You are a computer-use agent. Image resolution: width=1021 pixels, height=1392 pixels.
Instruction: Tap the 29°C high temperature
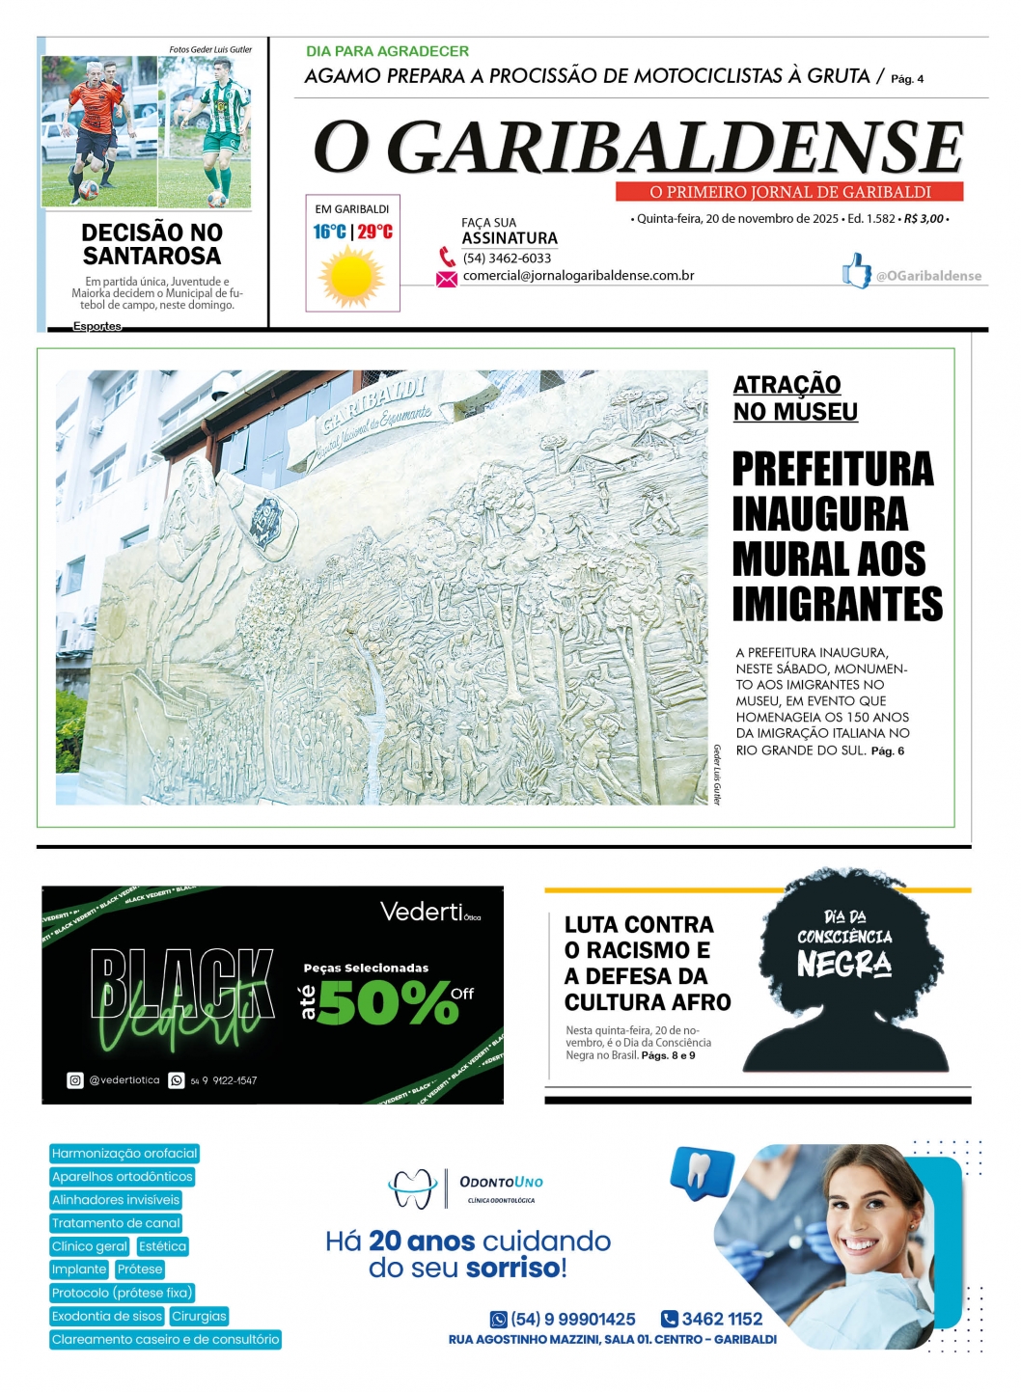coord(375,232)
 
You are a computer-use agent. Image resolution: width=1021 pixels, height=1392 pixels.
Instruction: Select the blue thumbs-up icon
coord(855,271)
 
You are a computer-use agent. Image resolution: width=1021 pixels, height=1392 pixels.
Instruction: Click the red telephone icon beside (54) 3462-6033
coord(447,257)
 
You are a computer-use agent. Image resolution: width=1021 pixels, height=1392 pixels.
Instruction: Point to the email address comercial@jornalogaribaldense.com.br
coord(578,276)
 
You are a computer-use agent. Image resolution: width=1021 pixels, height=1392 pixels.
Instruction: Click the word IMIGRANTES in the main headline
coord(837,604)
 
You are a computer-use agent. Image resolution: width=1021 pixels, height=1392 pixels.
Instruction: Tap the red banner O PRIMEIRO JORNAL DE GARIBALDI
coord(789,192)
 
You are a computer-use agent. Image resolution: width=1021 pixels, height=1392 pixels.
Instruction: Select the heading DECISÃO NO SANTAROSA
coord(152,244)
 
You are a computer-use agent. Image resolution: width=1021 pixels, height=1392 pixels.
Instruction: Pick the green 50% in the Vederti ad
coord(388,1003)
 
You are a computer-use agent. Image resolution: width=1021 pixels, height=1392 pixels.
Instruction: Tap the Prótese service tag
coord(140,1269)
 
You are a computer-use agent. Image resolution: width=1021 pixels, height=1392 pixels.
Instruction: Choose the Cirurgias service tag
coord(199,1316)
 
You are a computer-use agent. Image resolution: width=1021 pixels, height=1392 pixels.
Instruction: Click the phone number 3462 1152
coord(722,1319)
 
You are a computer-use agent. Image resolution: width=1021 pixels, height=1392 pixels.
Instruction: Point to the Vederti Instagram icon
coord(75,1080)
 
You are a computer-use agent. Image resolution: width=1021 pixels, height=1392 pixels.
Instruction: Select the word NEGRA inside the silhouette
coord(843,963)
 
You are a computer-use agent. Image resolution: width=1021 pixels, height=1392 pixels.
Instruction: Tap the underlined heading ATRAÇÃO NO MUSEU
coord(794,397)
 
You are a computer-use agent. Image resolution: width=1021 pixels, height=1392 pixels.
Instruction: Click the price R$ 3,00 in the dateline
coord(924,219)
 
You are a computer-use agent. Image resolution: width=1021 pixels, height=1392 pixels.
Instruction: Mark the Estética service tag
coord(162,1246)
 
